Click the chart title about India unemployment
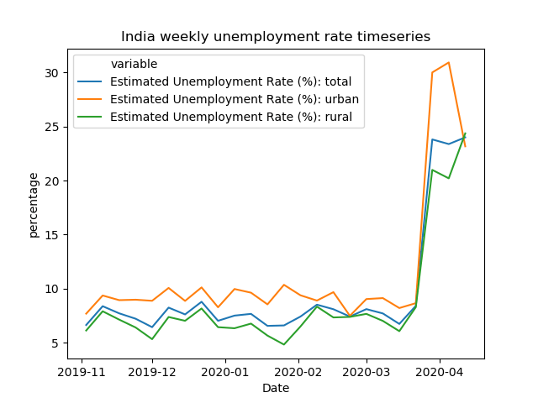point(276,37)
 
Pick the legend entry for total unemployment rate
point(230,81)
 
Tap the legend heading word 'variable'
point(134,65)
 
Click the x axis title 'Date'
point(276,388)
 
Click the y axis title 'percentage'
point(34,205)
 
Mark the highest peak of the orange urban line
point(449,62)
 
